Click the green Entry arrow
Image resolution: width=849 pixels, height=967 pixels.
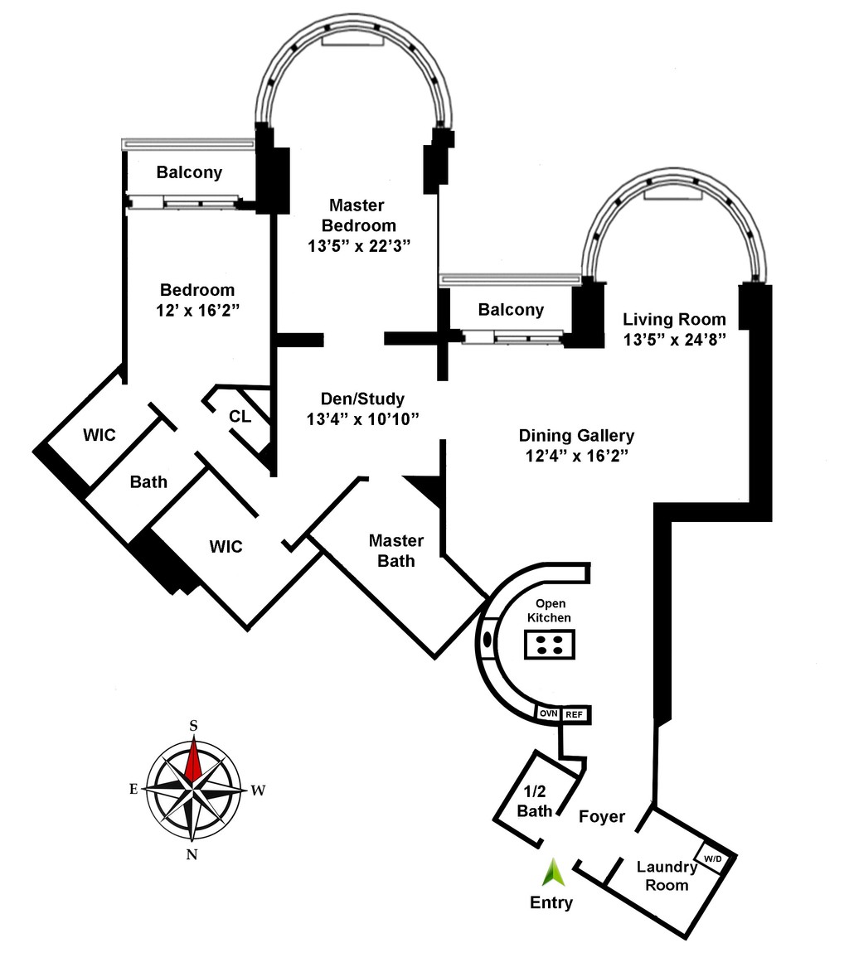pos(552,872)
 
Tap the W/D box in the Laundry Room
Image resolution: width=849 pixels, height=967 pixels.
pos(713,859)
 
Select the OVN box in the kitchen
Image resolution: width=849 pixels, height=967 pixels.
pos(548,713)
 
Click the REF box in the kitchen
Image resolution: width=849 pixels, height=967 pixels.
pos(574,714)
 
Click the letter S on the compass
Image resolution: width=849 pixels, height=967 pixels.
pos(193,725)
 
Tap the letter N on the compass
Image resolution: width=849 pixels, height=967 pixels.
pos(192,855)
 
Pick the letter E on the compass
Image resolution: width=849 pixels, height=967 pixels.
pos(133,789)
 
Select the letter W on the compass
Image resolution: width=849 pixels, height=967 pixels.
pos(258,791)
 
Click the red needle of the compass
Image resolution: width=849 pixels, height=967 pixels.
pos(193,760)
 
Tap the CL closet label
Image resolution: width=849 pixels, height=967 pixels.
pos(240,417)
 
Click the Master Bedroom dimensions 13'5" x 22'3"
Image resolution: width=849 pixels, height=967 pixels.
pos(357,246)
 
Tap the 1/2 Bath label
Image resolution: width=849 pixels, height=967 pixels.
pos(534,800)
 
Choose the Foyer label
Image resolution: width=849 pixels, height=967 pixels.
pos(602,817)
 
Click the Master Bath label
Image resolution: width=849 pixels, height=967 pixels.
pos(395,551)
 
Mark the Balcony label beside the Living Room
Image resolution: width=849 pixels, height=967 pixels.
pos(511,310)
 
